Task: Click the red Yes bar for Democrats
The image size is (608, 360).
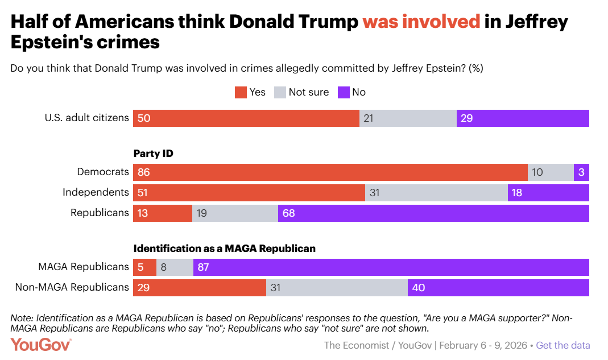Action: (x=330, y=172)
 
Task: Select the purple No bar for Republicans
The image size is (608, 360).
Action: (x=433, y=213)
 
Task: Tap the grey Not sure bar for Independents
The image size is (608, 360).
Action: (x=436, y=193)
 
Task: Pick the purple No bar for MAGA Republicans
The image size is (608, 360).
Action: (x=391, y=267)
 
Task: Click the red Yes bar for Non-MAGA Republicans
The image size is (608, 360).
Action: (x=200, y=287)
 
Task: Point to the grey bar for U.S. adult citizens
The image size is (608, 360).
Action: (x=408, y=118)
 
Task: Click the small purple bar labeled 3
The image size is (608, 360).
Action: (x=581, y=172)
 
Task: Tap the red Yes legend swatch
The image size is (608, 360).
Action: (x=241, y=92)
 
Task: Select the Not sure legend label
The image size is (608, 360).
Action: (x=308, y=92)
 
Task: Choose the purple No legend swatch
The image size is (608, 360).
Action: (x=344, y=92)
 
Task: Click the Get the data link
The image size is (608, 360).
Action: (x=562, y=345)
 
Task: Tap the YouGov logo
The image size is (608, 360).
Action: (x=41, y=345)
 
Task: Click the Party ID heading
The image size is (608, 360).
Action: (x=153, y=154)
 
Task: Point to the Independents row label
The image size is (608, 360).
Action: (x=96, y=192)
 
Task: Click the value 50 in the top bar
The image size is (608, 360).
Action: (x=143, y=118)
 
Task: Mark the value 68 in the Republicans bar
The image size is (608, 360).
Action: (x=289, y=213)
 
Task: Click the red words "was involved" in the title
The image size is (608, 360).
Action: (x=421, y=22)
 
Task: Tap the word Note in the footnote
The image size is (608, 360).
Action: (x=22, y=318)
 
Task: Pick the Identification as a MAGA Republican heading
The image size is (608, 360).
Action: (x=224, y=249)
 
